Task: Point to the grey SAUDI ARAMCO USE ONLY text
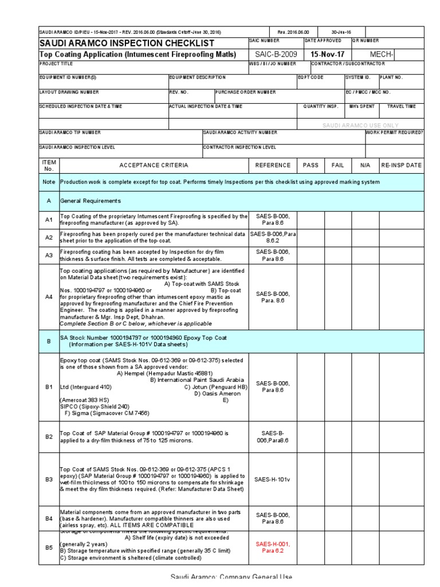coord(360,125)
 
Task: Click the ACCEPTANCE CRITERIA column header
coord(153,165)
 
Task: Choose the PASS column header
coord(311,165)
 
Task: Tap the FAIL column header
coord(338,165)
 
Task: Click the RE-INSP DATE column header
coord(401,165)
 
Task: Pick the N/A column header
coord(365,165)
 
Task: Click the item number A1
coord(49,220)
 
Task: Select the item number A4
coord(49,297)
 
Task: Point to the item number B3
coord(49,479)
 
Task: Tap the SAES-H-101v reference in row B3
coord(273,479)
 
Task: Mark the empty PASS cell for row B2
coord(311,436)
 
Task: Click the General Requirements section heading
coord(91,201)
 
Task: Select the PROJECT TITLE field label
coord(56,64)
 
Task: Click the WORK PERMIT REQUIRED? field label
coord(395,132)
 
